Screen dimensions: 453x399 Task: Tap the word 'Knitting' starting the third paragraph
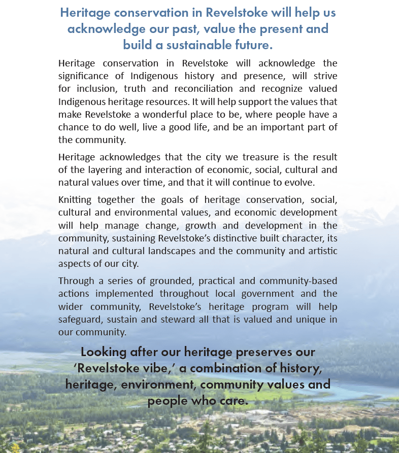click(75, 200)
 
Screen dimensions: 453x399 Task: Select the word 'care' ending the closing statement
click(234, 401)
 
